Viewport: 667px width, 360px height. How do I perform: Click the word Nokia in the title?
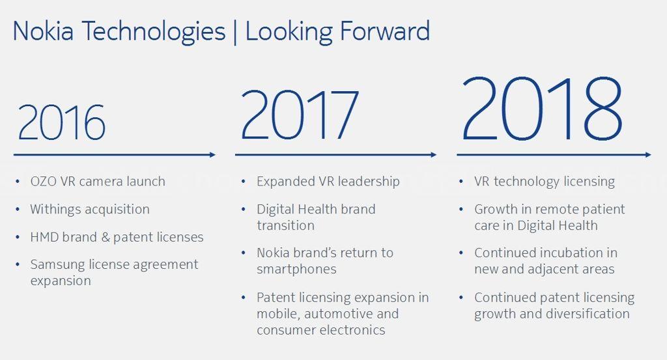[44, 31]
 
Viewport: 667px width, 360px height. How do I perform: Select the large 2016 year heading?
[61, 122]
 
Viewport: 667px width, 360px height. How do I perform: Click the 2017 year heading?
[300, 115]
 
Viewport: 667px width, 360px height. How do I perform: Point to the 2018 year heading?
[542, 109]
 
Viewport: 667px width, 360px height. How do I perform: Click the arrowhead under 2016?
[213, 155]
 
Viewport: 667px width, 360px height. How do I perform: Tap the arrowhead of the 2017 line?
[434, 155]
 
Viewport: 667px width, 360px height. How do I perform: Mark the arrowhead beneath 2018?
[648, 155]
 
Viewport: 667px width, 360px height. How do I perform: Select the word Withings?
[55, 209]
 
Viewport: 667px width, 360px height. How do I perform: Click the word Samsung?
[58, 265]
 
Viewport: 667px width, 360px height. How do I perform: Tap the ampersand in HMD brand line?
[106, 237]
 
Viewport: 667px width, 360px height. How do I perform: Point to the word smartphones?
[296, 269]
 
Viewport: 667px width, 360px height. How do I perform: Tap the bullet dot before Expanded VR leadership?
[244, 182]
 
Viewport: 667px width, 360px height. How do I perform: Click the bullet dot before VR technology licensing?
[461, 182]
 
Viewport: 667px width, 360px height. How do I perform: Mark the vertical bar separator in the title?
[235, 32]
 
